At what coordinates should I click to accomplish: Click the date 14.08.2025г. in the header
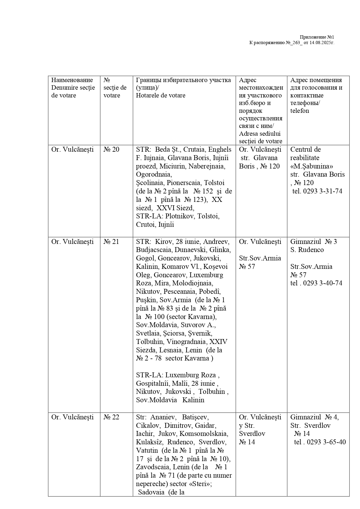[322, 43]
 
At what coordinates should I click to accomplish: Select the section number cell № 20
[111, 149]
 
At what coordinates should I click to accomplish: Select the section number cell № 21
[111, 242]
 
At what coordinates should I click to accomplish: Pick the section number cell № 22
[111, 417]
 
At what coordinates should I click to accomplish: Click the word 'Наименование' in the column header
[72, 80]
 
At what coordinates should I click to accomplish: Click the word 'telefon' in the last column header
[300, 111]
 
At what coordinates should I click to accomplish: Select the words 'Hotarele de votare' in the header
[160, 95]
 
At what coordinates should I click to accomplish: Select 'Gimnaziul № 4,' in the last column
[314, 417]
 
